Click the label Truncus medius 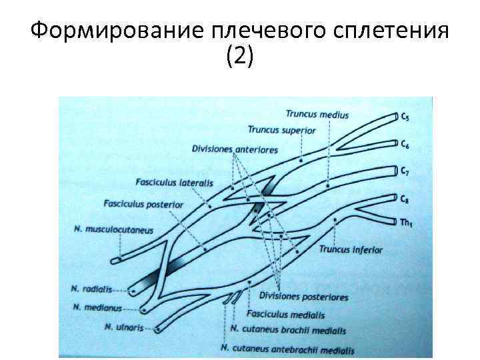click(x=317, y=115)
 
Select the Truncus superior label click(x=281, y=130)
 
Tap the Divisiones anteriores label click(x=234, y=149)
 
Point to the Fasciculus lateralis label click(x=173, y=182)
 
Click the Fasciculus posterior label click(x=143, y=204)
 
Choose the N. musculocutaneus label click(x=114, y=230)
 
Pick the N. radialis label click(x=90, y=290)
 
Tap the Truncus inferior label click(x=351, y=250)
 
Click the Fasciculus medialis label click(x=285, y=314)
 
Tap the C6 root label click(x=405, y=143)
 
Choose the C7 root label click(x=405, y=171)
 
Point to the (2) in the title click(x=240, y=57)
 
